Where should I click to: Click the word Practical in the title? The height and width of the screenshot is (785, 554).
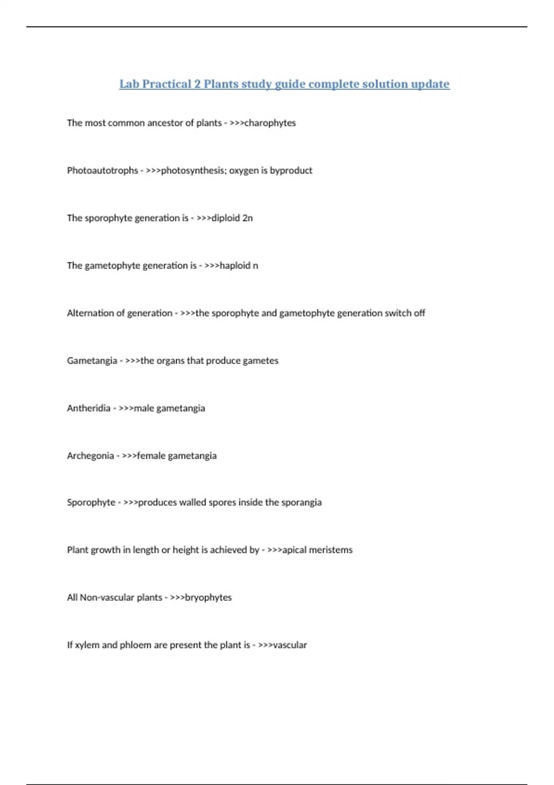click(x=167, y=84)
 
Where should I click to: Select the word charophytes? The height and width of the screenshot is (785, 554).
click(x=270, y=123)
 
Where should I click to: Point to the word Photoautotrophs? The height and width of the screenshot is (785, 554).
click(x=102, y=170)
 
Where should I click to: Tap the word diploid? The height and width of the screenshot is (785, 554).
click(x=226, y=218)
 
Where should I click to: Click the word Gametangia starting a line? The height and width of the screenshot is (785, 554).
click(x=92, y=361)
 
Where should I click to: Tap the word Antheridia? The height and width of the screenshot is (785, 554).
click(x=89, y=408)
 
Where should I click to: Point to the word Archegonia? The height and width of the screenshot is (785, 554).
click(x=90, y=456)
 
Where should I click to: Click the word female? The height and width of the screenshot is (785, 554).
click(x=151, y=456)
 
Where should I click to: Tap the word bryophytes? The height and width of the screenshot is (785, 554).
click(x=208, y=598)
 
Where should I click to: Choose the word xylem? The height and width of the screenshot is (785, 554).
click(x=87, y=645)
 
